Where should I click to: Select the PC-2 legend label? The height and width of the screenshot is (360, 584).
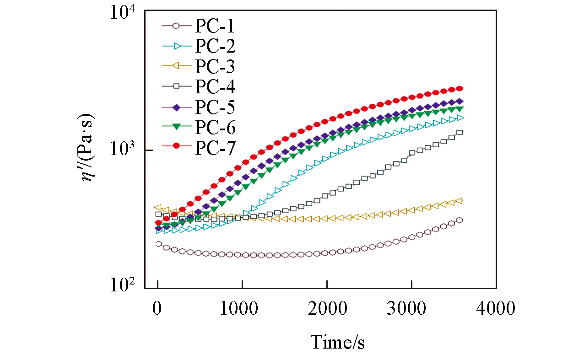[x=215, y=46]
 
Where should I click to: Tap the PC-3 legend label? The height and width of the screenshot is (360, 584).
[x=215, y=67]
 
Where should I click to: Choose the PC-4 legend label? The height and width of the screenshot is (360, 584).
[x=215, y=87]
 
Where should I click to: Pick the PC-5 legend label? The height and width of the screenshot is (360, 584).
[x=215, y=107]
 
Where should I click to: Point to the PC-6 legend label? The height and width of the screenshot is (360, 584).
[x=215, y=127]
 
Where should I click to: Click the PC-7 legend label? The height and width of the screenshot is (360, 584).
[x=215, y=147]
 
